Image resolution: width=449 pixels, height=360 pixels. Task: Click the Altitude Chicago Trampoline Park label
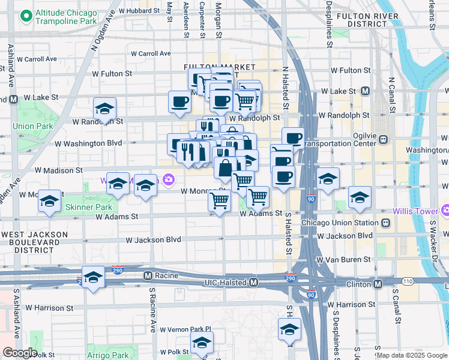66,17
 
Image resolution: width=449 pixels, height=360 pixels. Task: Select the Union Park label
32,126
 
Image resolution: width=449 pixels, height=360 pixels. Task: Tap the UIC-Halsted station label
228,281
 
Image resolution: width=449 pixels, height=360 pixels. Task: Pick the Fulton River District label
367,19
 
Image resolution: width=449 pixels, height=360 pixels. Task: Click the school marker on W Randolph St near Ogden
104,109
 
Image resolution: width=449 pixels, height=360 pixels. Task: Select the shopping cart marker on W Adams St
220,201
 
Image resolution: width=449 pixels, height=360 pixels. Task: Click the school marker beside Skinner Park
49,200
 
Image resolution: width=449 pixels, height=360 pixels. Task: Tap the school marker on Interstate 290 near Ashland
93,277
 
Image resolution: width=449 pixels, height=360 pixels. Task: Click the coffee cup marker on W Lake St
179,101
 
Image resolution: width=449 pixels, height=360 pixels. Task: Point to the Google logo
19,353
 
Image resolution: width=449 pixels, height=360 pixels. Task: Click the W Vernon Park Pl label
187,329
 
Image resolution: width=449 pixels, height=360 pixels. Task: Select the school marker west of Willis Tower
360,197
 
